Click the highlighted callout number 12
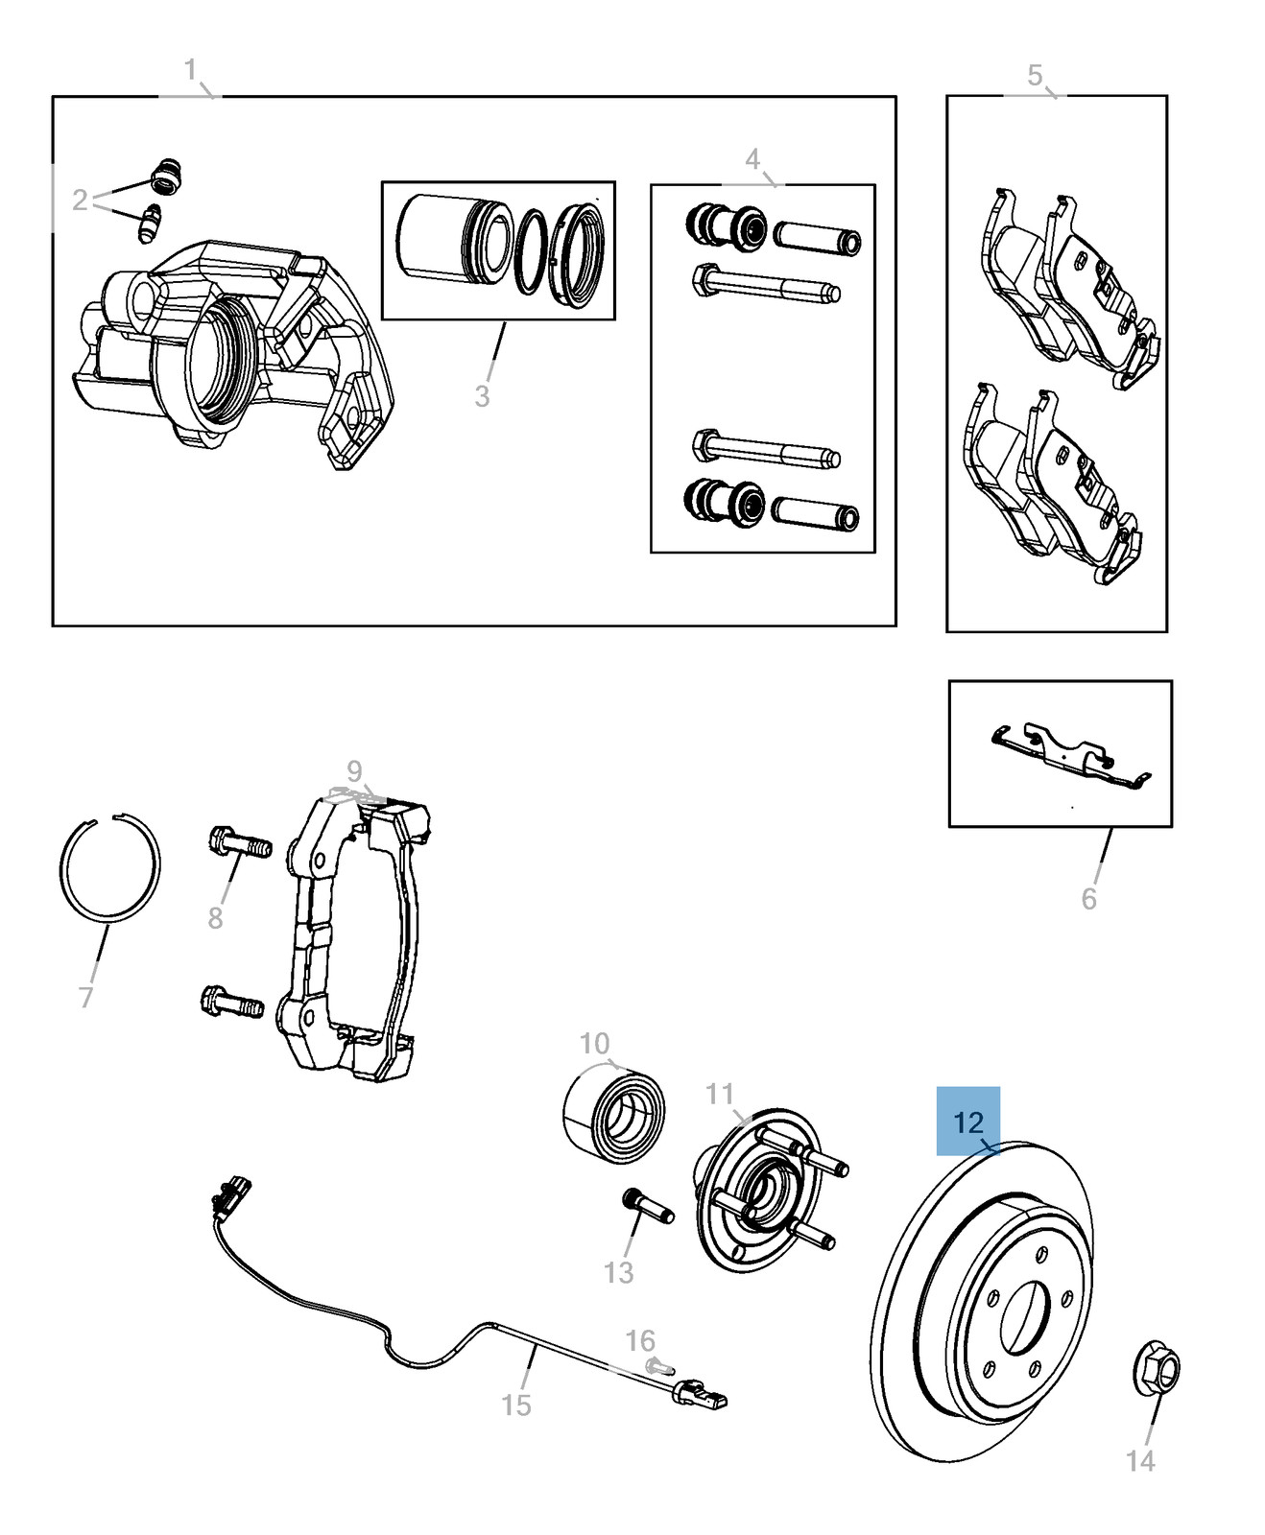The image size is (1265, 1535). tap(968, 1122)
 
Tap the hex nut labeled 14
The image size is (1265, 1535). tap(1157, 1369)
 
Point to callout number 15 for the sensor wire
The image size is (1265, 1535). tap(516, 1405)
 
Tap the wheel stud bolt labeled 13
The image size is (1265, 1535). tap(649, 1206)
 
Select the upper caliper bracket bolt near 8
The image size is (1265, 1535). tap(239, 843)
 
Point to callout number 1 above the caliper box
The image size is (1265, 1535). tap(190, 70)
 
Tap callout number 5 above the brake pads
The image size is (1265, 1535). tap(1035, 75)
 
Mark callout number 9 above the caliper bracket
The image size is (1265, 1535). tap(355, 770)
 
